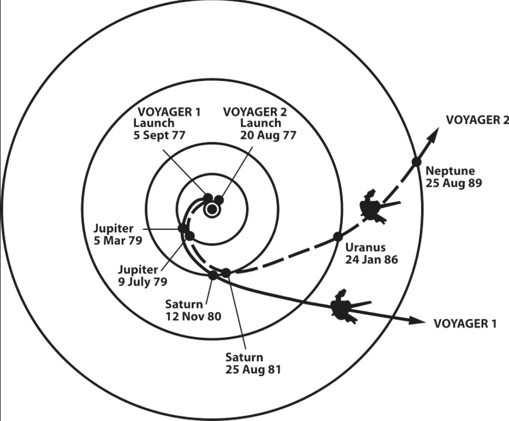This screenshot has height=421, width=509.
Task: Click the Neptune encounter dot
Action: (x=416, y=162)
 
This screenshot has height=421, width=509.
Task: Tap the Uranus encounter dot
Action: (x=337, y=236)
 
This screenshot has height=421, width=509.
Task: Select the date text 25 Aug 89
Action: (x=454, y=183)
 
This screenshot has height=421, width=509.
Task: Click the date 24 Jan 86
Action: (x=371, y=259)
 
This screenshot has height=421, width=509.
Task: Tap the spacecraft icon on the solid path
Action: (x=343, y=307)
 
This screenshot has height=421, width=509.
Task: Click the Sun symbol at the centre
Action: (x=211, y=209)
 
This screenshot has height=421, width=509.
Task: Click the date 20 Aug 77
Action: (x=269, y=135)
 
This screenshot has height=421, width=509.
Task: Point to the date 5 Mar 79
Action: (x=119, y=239)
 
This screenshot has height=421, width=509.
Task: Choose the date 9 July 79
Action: (x=142, y=281)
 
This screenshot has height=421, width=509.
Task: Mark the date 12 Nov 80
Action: (x=193, y=316)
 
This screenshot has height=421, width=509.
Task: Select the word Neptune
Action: (x=450, y=171)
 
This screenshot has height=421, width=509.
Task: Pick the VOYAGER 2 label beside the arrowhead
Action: (x=478, y=120)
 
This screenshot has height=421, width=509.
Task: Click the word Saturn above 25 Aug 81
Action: (x=244, y=357)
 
